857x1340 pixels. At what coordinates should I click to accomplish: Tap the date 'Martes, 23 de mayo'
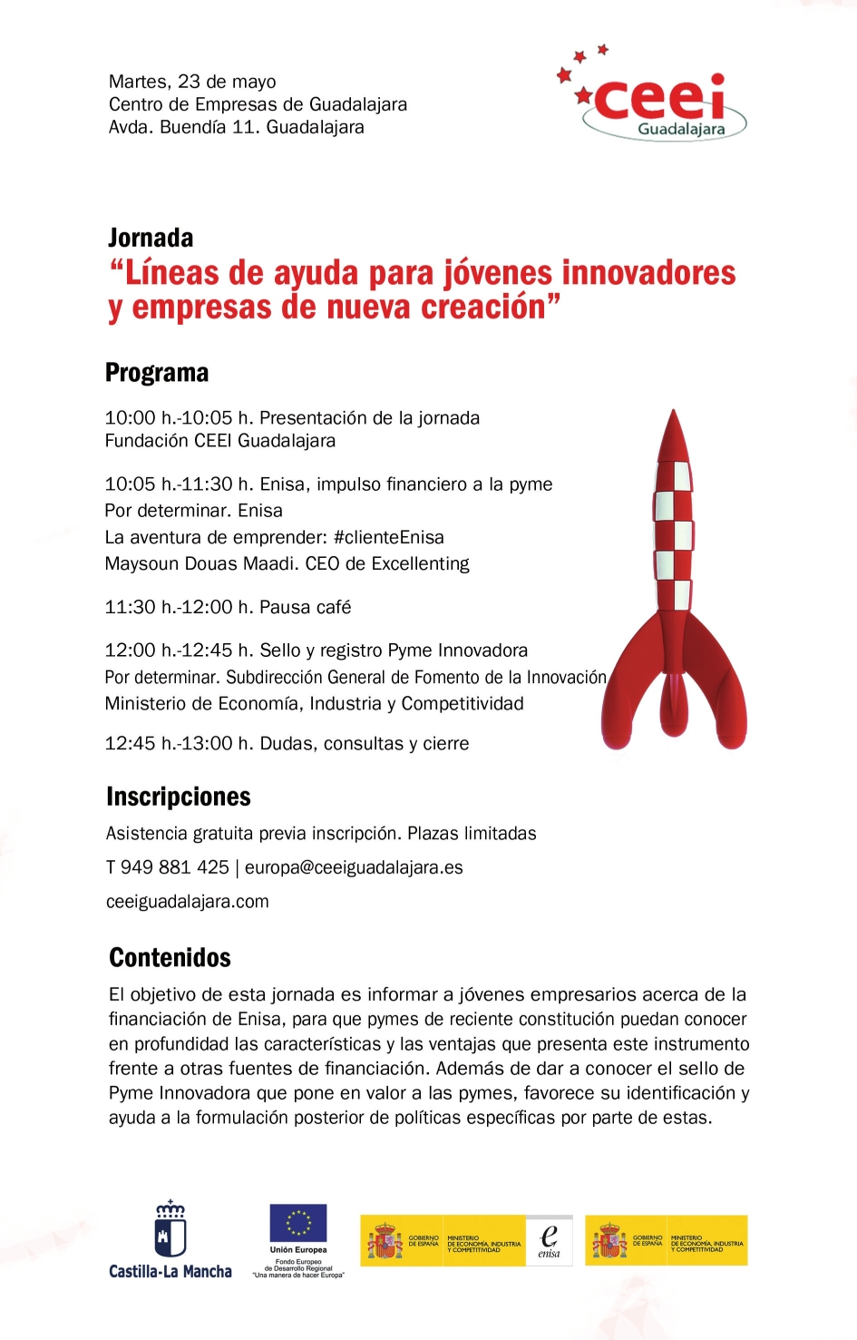point(192,82)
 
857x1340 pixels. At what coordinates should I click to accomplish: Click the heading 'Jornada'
point(151,238)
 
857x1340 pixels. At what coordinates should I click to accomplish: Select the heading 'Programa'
point(157,373)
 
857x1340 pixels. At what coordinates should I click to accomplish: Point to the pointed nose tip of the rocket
point(673,414)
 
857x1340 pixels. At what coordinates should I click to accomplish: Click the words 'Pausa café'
point(305,607)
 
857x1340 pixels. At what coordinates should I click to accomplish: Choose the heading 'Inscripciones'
point(179,797)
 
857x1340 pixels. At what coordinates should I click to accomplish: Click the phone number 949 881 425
point(174,867)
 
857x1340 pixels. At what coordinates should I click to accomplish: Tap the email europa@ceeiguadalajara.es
point(354,867)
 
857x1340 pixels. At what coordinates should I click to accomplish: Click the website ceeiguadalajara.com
point(188,902)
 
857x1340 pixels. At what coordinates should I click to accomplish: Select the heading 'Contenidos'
point(170,957)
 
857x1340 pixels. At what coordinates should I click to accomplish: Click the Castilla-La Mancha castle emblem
point(170,1230)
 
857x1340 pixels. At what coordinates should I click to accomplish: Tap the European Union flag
point(297,1223)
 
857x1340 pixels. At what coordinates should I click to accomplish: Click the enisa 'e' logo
point(549,1239)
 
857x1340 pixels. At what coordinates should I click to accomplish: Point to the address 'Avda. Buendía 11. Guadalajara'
point(236,127)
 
